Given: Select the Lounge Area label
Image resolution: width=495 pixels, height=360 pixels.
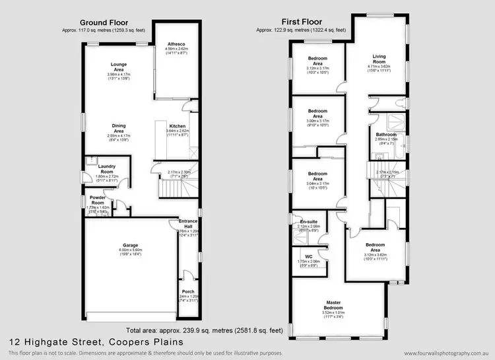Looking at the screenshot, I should [x=119, y=67].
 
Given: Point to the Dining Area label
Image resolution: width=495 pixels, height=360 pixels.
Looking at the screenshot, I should [x=119, y=127].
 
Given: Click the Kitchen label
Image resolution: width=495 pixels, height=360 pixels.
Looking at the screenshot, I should [x=178, y=126].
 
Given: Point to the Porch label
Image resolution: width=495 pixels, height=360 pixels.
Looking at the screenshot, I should [x=188, y=291].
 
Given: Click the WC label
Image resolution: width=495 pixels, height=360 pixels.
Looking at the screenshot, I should [x=309, y=256].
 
